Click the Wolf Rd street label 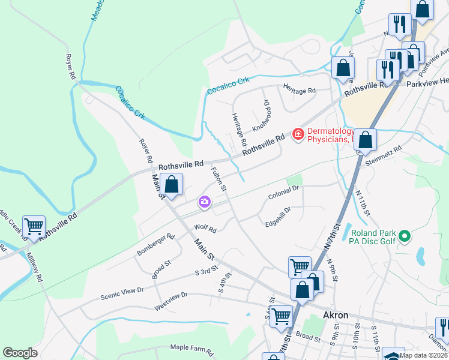click(205, 228)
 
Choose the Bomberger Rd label click(154, 245)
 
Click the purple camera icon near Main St click(205, 202)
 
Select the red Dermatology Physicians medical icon click(297, 134)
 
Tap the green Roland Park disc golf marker click(405, 238)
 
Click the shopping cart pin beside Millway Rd click(34, 226)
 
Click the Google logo click(20, 353)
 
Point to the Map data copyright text click(429, 355)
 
